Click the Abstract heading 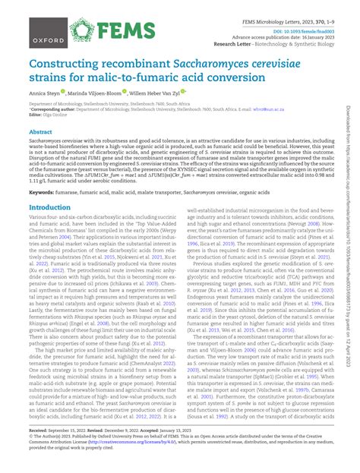[41, 132]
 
